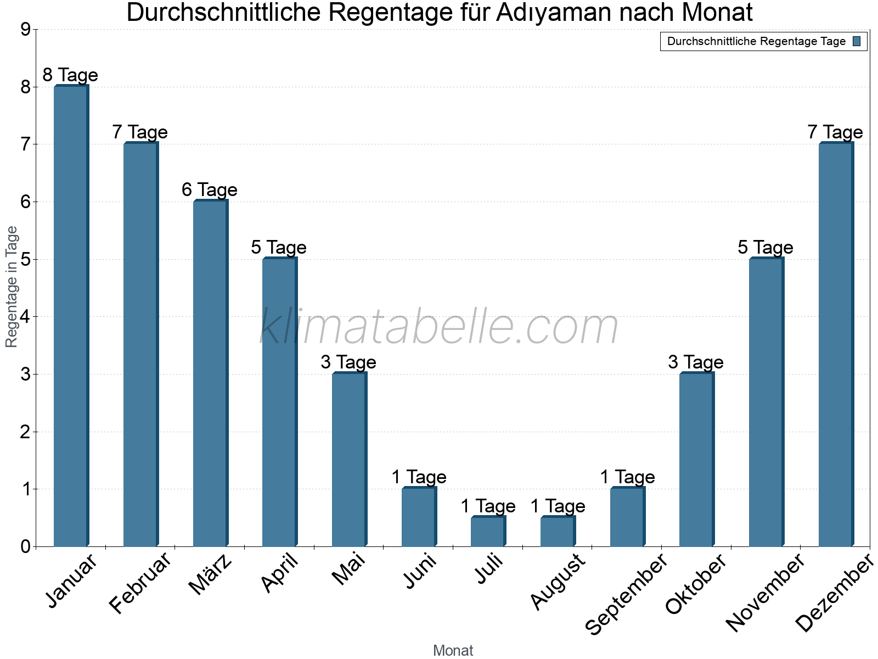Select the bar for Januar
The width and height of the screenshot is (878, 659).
(71, 316)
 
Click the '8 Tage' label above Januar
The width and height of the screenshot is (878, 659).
(70, 75)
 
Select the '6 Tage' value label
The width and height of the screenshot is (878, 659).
(210, 190)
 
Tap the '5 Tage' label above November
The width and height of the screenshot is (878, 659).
(766, 247)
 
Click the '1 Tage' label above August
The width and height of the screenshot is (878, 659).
(558, 506)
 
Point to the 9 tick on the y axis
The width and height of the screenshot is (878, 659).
(25, 30)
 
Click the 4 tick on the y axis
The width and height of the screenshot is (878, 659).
(25, 317)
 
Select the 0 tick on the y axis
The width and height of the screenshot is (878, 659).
(25, 547)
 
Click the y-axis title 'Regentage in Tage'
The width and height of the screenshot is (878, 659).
(12, 287)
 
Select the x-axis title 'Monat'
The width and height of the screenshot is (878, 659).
(453, 651)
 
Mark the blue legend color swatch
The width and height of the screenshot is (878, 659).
(857, 41)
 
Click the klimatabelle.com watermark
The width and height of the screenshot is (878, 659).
(439, 327)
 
